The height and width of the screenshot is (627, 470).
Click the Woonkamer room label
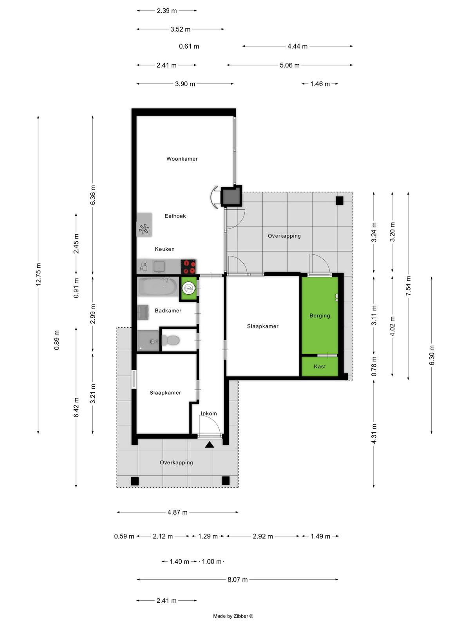182,159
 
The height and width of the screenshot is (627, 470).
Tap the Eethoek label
175,216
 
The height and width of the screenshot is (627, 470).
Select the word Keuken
164,249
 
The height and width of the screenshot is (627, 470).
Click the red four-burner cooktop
189,266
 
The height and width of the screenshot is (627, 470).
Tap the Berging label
320,315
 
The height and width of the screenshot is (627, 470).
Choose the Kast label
320,366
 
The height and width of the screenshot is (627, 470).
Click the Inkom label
209,413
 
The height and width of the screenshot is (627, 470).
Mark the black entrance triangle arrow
209,444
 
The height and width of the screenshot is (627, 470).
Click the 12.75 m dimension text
38,274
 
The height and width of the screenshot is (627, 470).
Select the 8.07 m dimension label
237,580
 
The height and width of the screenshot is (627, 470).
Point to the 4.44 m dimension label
297,46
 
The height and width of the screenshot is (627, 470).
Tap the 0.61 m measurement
189,46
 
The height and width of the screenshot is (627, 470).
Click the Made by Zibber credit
233,616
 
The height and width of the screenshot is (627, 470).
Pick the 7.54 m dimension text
409,286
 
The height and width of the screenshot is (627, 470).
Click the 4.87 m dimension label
177,513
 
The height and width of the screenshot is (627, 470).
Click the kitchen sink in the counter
159,266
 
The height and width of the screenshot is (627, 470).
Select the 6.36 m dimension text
93,195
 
